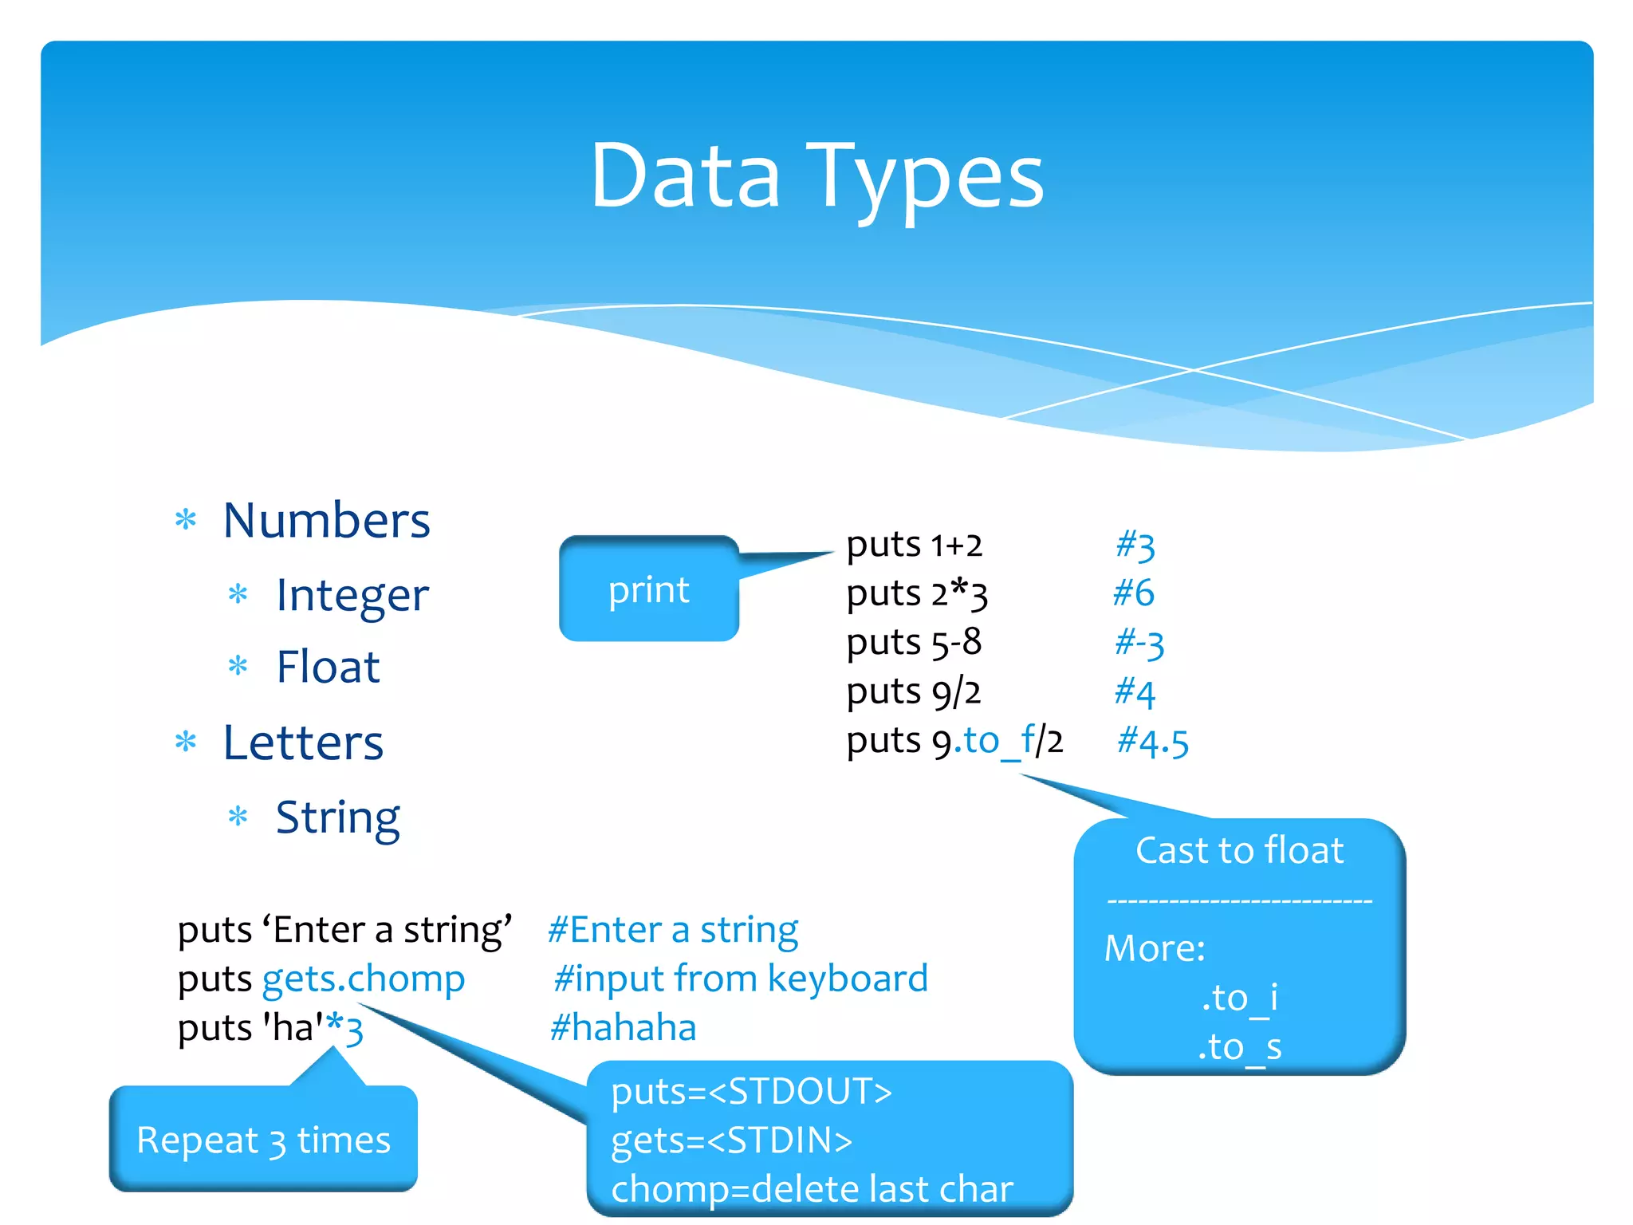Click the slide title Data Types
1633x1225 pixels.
click(816, 177)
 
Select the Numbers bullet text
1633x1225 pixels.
click(327, 521)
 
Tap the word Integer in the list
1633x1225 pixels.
click(352, 595)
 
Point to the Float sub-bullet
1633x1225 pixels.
click(328, 667)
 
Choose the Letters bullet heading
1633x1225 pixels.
click(303, 742)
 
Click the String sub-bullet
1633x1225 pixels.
click(337, 817)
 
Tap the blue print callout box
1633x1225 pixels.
click(648, 590)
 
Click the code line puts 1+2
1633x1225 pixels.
click(914, 546)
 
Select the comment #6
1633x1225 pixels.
click(1133, 593)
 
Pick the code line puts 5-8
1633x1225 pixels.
click(914, 643)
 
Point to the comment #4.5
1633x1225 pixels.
click(1153, 742)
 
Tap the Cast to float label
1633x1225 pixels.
click(1239, 850)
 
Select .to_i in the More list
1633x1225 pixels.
click(1239, 998)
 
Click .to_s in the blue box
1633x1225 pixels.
click(1239, 1047)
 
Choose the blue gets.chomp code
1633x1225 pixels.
click(364, 979)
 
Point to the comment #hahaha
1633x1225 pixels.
click(623, 1027)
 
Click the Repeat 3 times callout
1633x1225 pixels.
click(263, 1140)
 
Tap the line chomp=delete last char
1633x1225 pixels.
click(812, 1189)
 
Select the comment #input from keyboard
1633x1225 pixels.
click(741, 979)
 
